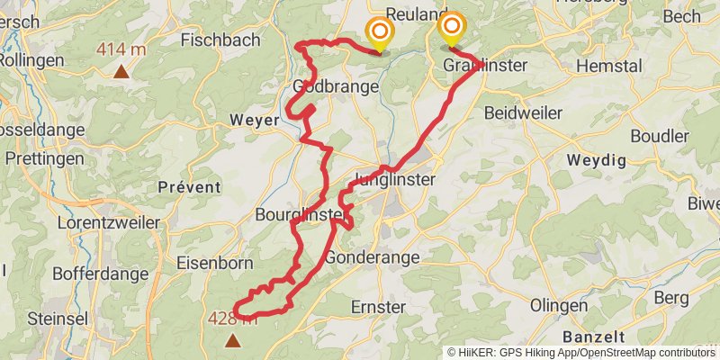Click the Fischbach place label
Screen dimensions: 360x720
220,40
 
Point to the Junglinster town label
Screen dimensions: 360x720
395,179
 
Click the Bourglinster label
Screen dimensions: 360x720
299,215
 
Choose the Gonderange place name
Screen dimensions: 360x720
372,257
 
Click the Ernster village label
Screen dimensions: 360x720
378,307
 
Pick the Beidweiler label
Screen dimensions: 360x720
523,113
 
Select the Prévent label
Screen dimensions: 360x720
189,186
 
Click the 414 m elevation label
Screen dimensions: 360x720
121,49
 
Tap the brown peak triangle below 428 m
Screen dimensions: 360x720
233,340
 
